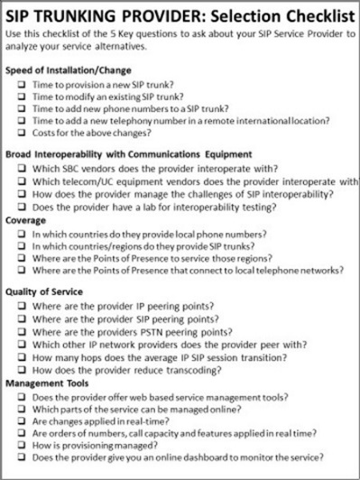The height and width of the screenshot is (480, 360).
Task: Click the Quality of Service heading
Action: [x=43, y=292]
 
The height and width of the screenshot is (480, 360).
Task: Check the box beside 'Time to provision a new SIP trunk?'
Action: [x=21, y=83]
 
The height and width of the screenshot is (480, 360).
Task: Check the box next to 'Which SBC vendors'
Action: [x=21, y=169]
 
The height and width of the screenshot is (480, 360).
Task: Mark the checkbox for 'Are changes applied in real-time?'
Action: [x=21, y=420]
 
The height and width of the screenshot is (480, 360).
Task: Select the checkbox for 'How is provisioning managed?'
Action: [x=21, y=445]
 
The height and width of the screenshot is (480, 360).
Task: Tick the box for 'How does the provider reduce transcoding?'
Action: [x=21, y=369]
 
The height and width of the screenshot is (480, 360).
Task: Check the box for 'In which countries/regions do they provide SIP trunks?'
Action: [x=21, y=244]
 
